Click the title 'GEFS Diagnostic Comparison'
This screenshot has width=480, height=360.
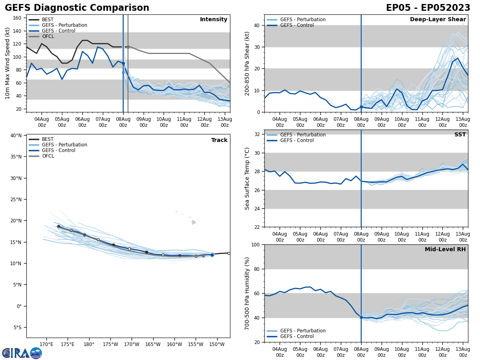(77, 8)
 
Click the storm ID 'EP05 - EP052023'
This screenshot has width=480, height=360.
(428, 8)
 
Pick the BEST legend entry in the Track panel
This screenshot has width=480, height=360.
(48, 139)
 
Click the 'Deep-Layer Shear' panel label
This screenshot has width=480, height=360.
(438, 20)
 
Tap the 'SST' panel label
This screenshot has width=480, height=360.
(460, 135)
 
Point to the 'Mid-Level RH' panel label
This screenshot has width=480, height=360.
(445, 250)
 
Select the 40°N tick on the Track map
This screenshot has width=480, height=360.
(16, 136)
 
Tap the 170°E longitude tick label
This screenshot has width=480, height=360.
(47, 344)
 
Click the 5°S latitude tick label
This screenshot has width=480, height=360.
(17, 328)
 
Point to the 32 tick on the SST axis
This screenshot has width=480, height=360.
(257, 134)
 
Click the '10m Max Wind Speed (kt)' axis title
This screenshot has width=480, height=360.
(7, 63)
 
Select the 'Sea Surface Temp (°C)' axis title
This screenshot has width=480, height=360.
(247, 178)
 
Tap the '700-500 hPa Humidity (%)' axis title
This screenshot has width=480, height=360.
(247, 293)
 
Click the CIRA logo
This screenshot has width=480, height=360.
(22, 353)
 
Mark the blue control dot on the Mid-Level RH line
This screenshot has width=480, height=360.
(361, 317)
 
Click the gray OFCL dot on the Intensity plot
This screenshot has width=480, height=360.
(128, 47)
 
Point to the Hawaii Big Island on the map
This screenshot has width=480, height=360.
(194, 222)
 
